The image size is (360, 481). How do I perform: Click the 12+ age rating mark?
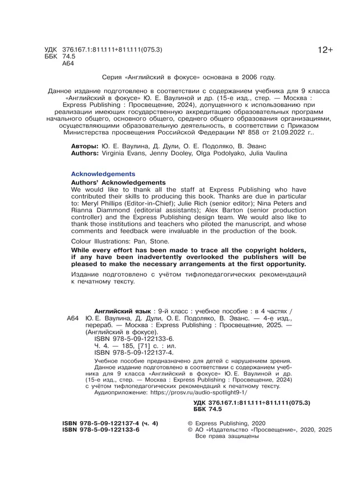[x=325, y=50]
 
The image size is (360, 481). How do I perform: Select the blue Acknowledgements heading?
[x=103, y=173]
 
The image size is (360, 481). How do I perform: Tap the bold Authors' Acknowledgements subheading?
[x=119, y=183]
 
